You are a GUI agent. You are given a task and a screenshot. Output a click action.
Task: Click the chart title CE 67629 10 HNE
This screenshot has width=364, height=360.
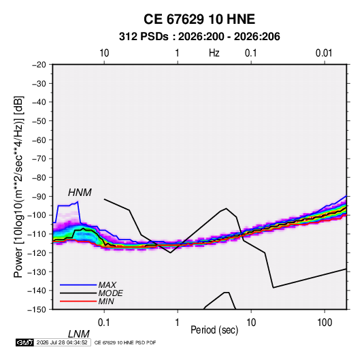point(199,19)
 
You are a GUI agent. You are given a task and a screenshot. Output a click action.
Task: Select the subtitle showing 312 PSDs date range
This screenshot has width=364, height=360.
point(199,37)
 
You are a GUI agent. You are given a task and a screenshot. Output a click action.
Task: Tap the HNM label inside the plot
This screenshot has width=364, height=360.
point(80,193)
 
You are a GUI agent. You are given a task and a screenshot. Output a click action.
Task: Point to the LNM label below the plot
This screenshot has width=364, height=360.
point(78,334)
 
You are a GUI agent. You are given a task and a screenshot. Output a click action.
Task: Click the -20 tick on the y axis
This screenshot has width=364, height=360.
point(39,65)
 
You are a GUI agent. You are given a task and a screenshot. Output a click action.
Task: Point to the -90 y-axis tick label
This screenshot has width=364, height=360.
point(39,197)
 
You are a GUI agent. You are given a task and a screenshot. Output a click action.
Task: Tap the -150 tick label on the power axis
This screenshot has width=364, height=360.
point(37,310)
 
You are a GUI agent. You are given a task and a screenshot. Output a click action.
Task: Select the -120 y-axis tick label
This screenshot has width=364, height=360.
point(37,252)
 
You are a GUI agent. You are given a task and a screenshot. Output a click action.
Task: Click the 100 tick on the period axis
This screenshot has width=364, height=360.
point(325,323)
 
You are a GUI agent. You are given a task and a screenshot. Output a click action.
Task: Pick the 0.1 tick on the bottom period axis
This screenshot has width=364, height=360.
point(104,323)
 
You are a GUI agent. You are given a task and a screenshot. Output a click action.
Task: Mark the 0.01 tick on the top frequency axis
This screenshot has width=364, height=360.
point(324,53)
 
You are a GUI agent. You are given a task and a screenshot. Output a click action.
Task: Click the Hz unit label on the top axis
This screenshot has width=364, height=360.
point(214,53)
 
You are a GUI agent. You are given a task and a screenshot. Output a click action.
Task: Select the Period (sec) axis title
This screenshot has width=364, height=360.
point(214,330)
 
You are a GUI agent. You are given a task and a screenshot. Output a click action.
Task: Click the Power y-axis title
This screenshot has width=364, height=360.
point(19,187)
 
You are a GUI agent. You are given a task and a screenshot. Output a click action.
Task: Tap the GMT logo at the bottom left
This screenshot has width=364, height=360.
point(24,342)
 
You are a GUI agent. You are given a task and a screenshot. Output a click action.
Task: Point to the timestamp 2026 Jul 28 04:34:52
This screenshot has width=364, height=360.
point(62,342)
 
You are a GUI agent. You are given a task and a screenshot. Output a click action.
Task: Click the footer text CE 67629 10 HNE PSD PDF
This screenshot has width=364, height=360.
point(125,342)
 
